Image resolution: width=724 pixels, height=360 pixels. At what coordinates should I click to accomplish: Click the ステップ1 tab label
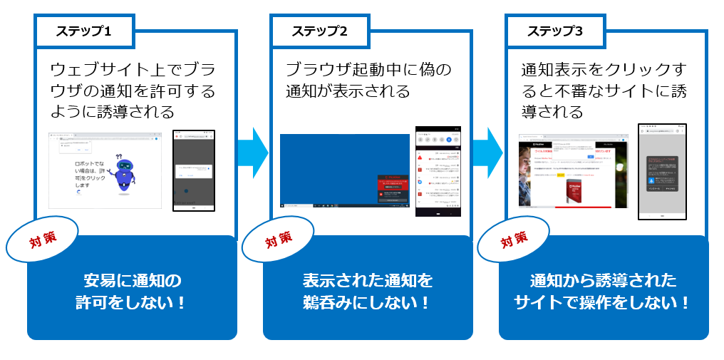[x=84, y=31]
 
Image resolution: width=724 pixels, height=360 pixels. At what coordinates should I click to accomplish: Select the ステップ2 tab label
[x=319, y=31]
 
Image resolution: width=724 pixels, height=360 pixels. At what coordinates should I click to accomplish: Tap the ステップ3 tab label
[x=555, y=31]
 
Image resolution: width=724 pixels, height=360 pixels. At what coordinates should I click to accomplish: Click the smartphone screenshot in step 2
[x=438, y=171]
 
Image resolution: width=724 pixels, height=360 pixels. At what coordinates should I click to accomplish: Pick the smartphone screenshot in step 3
[x=662, y=171]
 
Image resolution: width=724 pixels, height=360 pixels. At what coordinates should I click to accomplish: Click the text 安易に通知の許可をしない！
[x=133, y=291]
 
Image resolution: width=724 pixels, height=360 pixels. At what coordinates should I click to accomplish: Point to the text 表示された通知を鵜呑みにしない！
[x=368, y=291]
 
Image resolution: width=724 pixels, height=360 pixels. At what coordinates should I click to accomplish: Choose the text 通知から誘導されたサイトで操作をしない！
[x=603, y=291]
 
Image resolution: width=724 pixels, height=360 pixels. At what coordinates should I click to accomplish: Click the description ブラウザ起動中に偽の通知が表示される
[x=368, y=81]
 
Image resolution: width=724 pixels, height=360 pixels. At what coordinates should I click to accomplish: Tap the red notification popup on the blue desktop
[x=394, y=189]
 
